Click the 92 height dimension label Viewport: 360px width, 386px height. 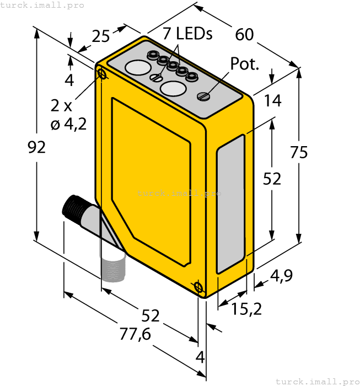point(37,147)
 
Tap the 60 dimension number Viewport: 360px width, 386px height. point(244,35)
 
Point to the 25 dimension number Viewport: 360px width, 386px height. point(100,36)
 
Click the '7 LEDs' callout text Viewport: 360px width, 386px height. point(187,34)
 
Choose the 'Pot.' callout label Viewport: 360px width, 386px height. point(245,64)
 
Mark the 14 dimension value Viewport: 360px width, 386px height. point(272,101)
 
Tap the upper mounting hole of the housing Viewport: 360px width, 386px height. point(101,73)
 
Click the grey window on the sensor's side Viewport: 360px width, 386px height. point(230,204)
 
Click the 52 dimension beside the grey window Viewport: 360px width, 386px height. point(271,179)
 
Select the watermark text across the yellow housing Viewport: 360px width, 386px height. point(179,194)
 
